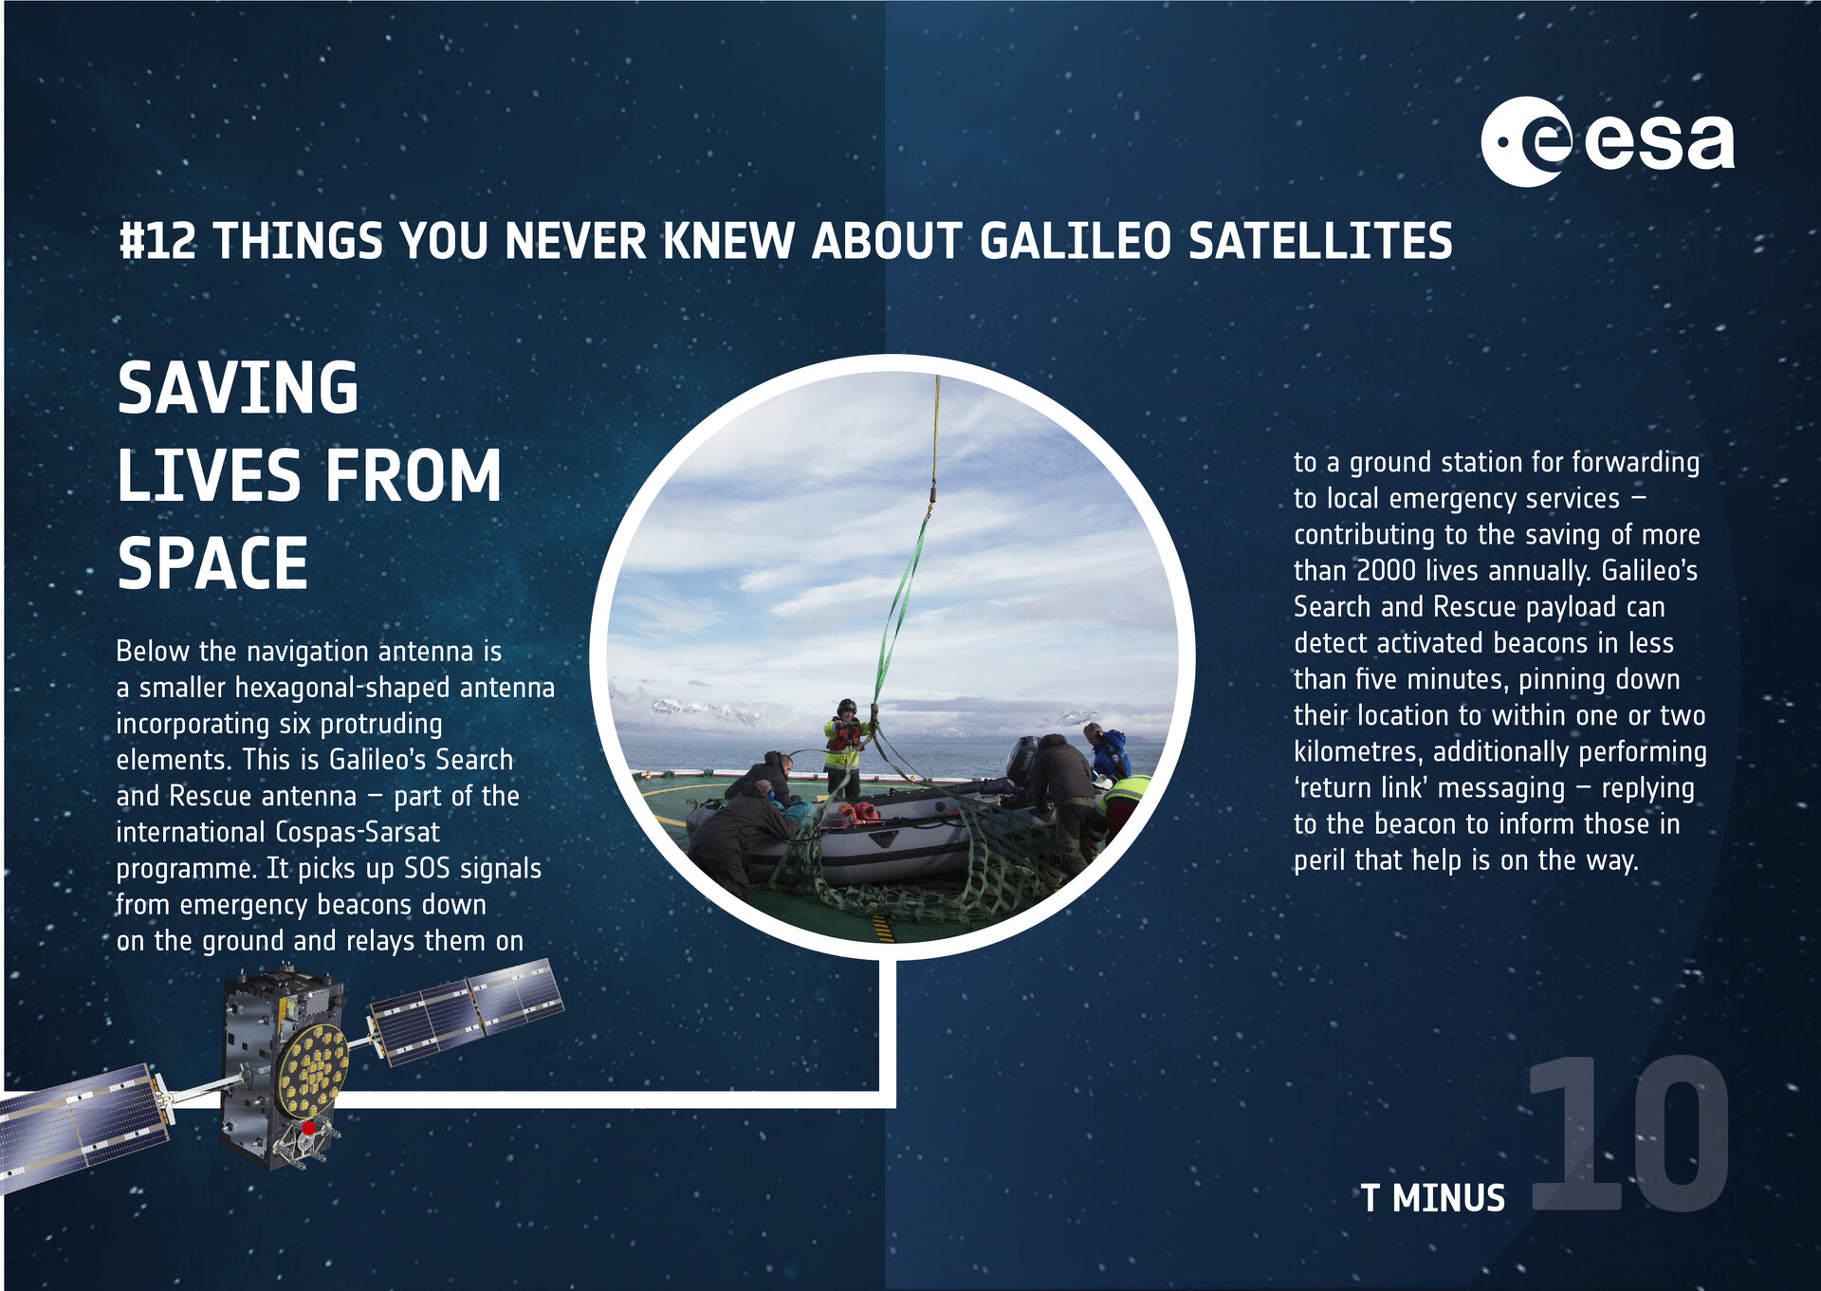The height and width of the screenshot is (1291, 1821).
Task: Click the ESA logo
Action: point(1607,142)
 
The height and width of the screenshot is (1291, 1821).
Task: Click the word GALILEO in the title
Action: point(1075,241)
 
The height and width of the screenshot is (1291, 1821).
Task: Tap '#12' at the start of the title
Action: point(157,241)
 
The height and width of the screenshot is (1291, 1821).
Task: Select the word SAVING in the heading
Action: point(237,388)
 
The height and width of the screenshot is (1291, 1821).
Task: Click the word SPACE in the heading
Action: point(212,563)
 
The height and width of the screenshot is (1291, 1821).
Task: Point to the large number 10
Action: point(1628,1134)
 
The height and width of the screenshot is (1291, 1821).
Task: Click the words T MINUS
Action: point(1432,1199)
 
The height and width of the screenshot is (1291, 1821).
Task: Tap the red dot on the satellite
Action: point(308,1128)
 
